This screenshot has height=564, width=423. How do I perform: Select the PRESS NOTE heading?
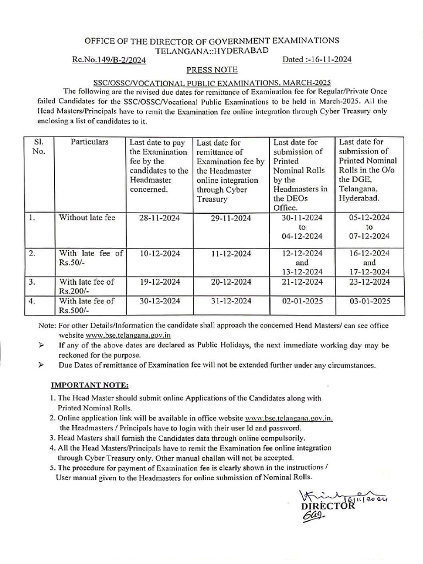pyautogui.click(x=212, y=70)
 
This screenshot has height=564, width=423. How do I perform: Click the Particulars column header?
pyautogui.click(x=90, y=142)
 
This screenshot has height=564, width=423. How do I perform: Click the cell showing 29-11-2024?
pyautogui.click(x=231, y=218)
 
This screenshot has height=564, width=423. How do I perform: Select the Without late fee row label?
pyautogui.click(x=87, y=218)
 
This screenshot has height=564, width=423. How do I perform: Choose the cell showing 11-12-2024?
pyautogui.click(x=231, y=253)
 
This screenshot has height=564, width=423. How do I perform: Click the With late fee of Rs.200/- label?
pyautogui.click(x=86, y=286)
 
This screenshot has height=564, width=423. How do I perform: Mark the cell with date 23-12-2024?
pyautogui.click(x=370, y=282)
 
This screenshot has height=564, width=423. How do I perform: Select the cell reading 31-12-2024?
pyautogui.click(x=231, y=301)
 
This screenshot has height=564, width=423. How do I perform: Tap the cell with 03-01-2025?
pyautogui.click(x=370, y=301)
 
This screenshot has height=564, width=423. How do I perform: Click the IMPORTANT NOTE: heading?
pyautogui.click(x=89, y=384)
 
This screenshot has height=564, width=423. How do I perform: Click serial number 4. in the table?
pyautogui.click(x=32, y=301)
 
